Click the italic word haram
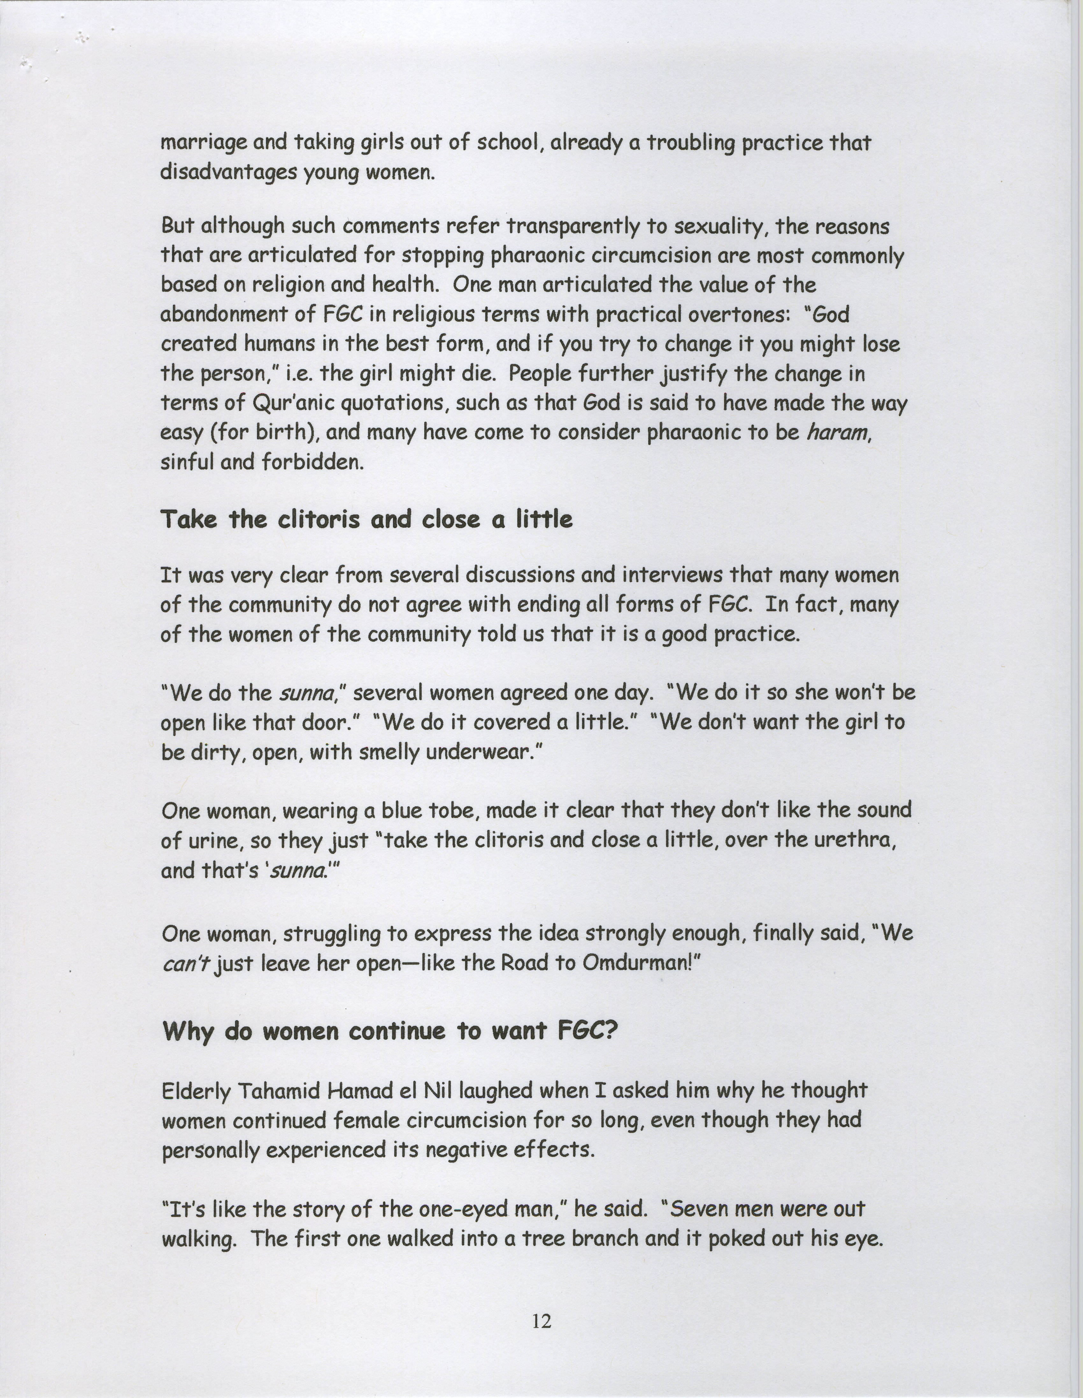(837, 434)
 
